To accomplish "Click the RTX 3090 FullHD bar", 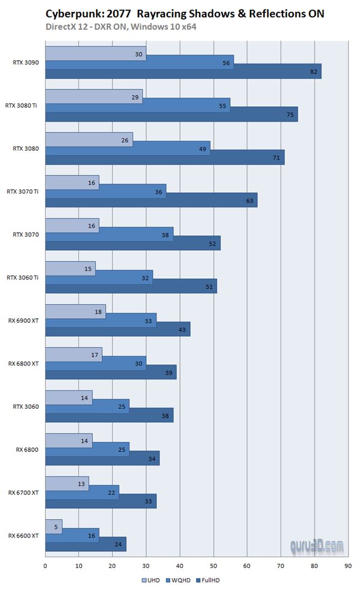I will (183, 71).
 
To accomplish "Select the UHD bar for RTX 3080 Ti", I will (93, 96).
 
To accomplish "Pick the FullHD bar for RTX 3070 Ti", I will (151, 200).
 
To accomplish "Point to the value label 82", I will (314, 71).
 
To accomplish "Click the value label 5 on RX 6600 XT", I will (56, 526).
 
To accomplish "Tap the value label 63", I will (250, 200).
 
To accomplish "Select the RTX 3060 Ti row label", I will (23, 277).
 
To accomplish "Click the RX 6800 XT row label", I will (23, 363).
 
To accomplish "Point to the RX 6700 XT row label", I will (23, 493).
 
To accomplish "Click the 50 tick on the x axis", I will (214, 566).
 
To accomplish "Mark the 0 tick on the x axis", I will (45, 566).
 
